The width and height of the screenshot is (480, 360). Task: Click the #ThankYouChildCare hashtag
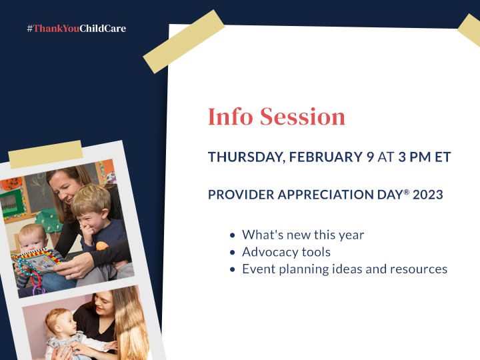point(76,29)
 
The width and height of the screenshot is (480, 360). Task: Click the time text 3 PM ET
point(425,157)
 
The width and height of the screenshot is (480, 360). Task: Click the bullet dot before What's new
point(232,235)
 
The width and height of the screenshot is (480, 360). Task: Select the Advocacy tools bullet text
point(286,252)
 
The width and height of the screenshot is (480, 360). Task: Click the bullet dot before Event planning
point(232,270)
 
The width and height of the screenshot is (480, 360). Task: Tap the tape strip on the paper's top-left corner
point(184,41)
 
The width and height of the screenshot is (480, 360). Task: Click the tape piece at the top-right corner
point(469,29)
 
